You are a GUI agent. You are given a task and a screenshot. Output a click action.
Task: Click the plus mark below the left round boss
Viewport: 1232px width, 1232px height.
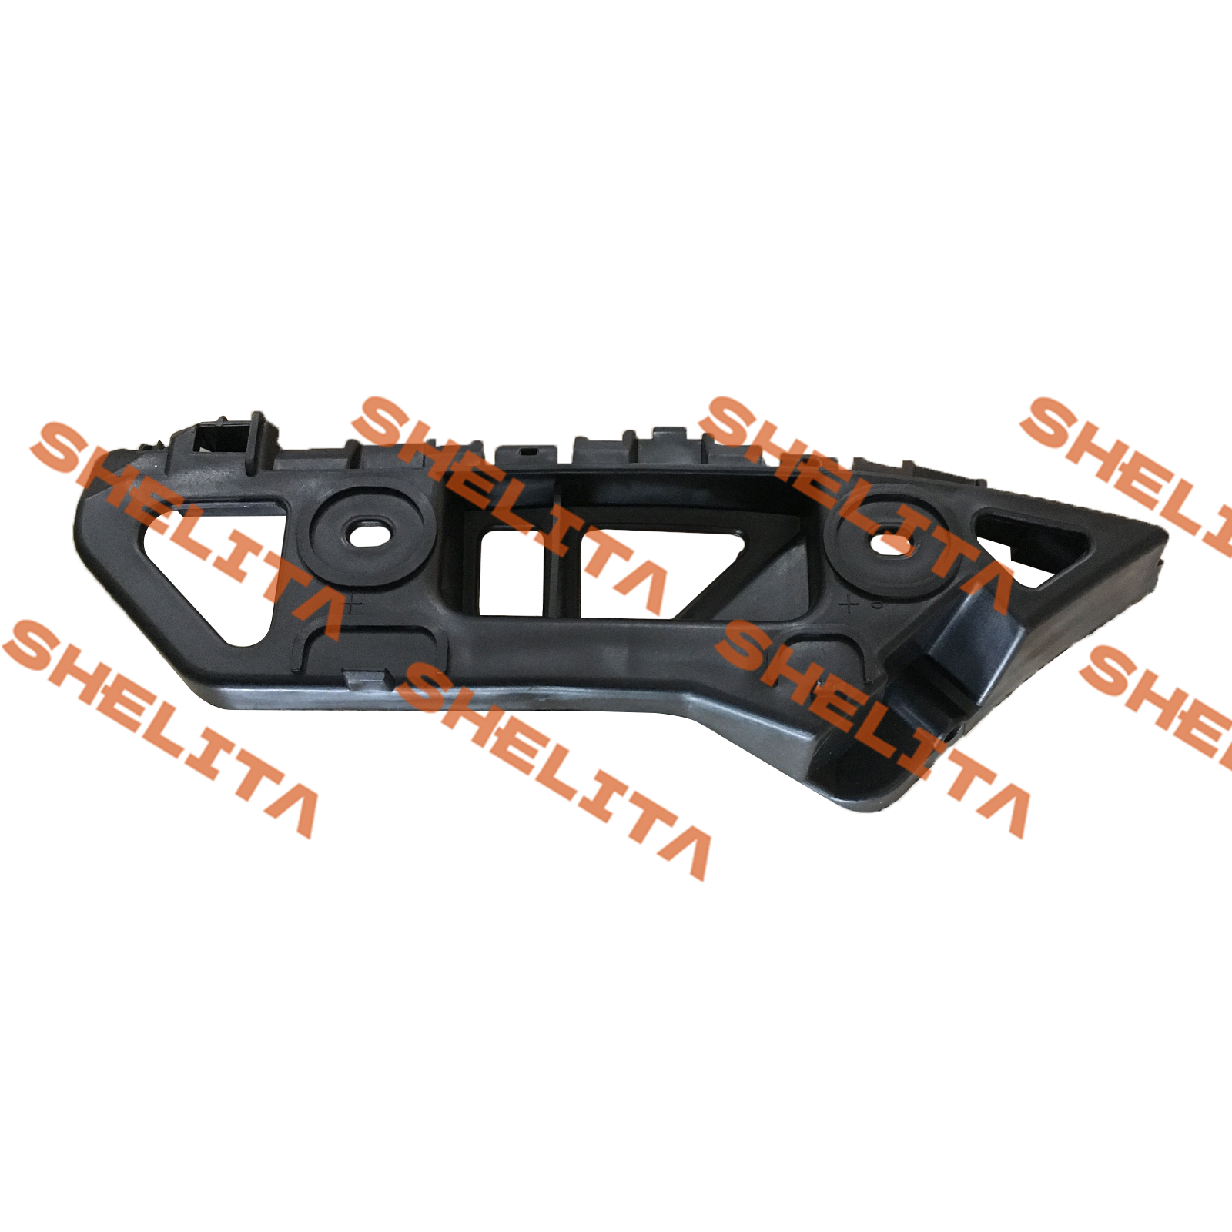point(353,604)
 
